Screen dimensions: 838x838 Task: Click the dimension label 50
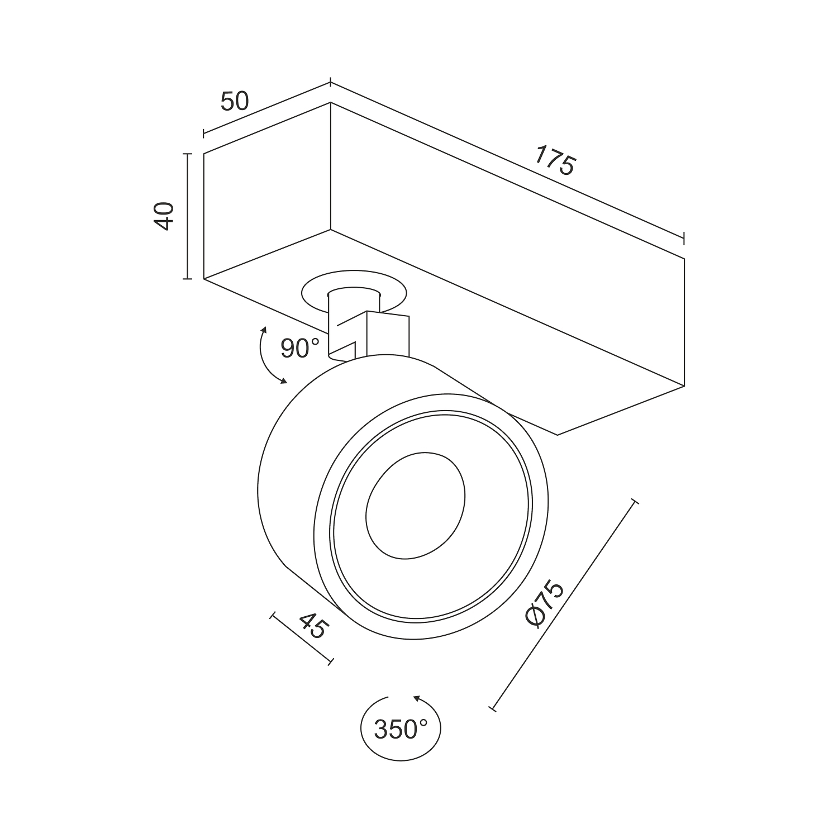[234, 102]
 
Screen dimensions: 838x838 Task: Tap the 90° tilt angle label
[300, 348]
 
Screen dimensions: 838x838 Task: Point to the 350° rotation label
[401, 729]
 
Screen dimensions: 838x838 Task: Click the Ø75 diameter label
[545, 604]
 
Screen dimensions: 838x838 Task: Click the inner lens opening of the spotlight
[415, 505]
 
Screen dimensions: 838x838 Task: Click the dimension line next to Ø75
[563, 604]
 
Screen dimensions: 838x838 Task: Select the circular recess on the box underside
[354, 293]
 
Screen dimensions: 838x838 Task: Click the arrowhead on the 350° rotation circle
[416, 698]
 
